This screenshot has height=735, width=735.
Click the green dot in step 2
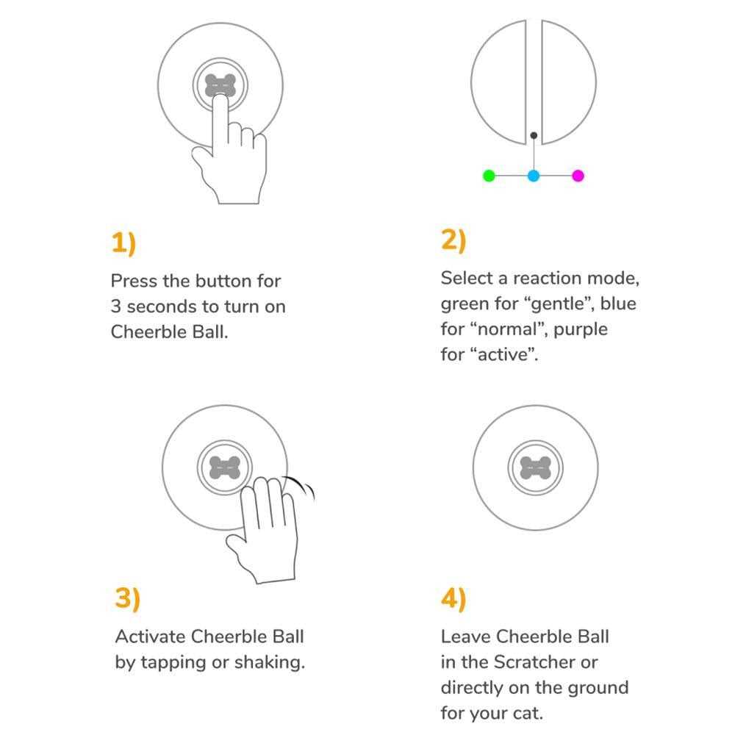click(x=489, y=176)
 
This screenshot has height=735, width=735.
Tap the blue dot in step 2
click(x=534, y=176)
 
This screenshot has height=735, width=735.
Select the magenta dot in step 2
click(x=578, y=176)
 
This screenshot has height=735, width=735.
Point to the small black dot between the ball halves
click(x=534, y=135)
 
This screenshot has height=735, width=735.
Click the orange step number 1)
click(x=123, y=243)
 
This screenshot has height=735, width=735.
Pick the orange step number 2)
click(x=453, y=240)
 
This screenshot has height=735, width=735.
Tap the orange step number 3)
click(x=127, y=598)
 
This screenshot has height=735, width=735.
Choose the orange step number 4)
click(x=453, y=598)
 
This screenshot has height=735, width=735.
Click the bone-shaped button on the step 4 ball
click(x=535, y=467)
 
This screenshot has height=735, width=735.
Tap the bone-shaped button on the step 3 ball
click(x=224, y=467)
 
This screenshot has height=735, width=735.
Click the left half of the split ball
click(x=498, y=82)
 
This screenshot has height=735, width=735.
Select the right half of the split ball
click(x=569, y=82)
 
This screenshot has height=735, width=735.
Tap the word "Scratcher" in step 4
click(x=534, y=662)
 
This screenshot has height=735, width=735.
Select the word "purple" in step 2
click(x=581, y=330)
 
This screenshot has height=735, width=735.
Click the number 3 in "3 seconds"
click(x=116, y=306)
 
